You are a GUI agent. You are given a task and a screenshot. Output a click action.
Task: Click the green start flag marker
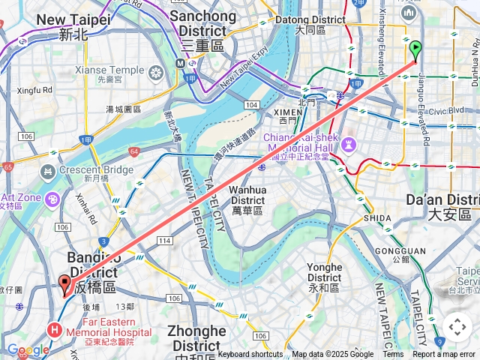(x=415, y=50)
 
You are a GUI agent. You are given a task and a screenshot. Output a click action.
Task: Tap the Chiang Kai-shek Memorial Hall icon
(x=348, y=143)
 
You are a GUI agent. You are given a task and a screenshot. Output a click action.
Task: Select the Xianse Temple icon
(x=156, y=73)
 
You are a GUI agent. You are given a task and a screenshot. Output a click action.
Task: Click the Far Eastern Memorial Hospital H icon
(x=55, y=329)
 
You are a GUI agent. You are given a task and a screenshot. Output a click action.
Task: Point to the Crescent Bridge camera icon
(x=47, y=172)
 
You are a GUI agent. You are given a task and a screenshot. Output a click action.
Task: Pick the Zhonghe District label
(x=196, y=338)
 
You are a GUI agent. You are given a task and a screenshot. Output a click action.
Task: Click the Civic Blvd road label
(x=446, y=109)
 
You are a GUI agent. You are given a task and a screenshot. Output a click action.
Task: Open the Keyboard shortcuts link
(x=250, y=355)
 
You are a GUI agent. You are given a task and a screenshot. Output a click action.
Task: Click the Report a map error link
(x=444, y=355)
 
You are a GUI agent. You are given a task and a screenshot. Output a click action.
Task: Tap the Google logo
(x=28, y=350)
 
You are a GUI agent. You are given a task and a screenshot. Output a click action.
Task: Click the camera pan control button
(x=457, y=327)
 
